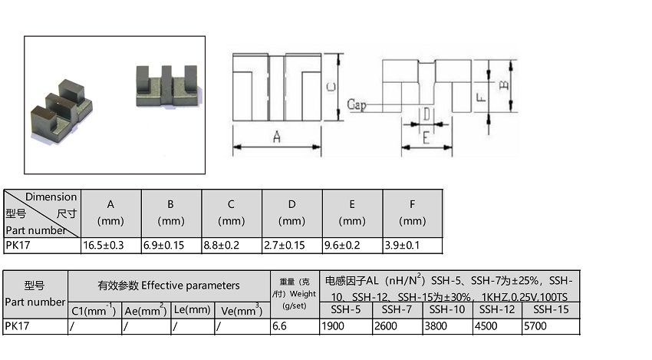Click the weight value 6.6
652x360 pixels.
coord(279,326)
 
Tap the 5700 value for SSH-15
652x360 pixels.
coord(537,326)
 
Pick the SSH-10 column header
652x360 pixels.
coord(447,309)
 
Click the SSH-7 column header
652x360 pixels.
coord(397,309)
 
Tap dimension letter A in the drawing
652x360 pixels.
coord(275,136)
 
